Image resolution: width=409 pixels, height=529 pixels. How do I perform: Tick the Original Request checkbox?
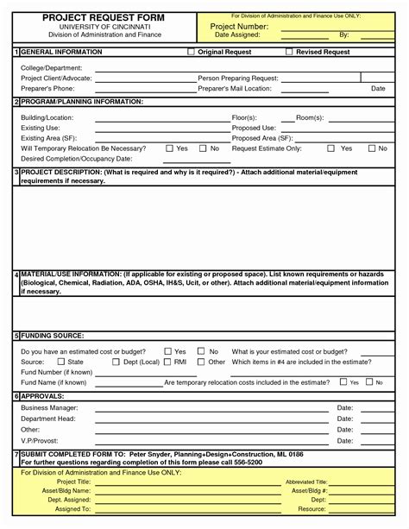coord(192,53)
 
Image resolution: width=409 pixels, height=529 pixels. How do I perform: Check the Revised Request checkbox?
coord(288,53)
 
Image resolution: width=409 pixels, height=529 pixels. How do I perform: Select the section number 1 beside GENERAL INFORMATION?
coord(16,53)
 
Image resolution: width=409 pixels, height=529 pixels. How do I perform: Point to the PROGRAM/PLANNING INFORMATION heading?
coord(81,102)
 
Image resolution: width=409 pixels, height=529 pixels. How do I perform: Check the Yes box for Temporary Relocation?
coord(169,148)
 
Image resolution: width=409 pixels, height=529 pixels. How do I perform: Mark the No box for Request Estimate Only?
coord(372,148)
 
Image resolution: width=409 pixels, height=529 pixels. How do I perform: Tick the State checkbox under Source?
coord(60,362)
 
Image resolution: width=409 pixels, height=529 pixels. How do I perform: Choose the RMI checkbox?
coord(167,362)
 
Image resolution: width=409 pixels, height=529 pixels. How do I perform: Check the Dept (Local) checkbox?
coord(116,362)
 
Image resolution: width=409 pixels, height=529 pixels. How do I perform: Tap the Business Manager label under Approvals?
coord(49,407)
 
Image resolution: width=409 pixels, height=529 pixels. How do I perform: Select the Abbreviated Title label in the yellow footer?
coord(306,482)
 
